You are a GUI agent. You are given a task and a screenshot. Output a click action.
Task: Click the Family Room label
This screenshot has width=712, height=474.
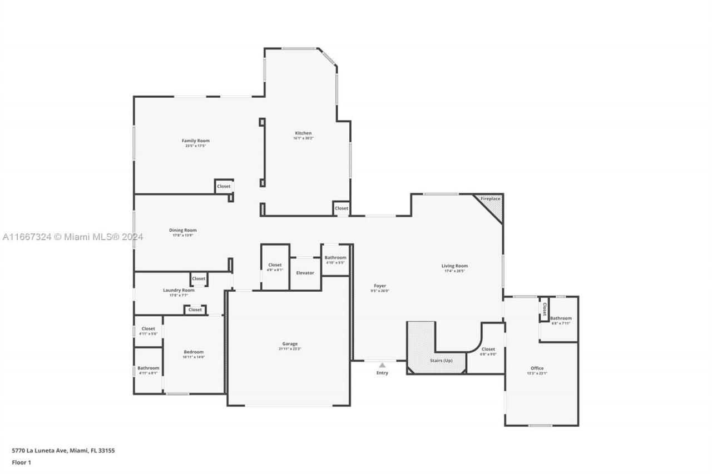point(195,141)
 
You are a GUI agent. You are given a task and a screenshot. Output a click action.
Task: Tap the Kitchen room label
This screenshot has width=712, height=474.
point(303,133)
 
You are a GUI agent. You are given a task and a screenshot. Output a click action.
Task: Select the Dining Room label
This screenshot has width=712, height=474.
point(182,230)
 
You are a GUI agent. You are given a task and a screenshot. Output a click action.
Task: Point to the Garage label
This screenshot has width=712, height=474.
point(289,344)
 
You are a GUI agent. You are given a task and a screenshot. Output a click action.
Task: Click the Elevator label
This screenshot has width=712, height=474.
point(305,273)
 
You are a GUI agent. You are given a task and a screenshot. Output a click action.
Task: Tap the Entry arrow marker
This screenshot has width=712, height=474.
point(382,365)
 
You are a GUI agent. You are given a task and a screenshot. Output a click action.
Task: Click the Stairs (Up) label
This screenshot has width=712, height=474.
point(441,361)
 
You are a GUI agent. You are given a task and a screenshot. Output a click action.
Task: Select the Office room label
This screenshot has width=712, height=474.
point(537,368)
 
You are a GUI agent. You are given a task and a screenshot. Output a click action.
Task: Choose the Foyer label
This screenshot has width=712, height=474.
point(380,286)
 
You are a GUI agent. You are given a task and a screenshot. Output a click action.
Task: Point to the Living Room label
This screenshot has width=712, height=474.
point(454,266)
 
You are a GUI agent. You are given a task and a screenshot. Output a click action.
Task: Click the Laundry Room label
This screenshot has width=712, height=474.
point(179,290)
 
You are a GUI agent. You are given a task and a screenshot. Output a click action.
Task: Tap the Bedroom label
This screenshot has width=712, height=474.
point(194,352)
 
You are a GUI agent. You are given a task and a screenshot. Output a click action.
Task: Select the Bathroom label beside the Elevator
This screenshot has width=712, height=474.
point(335,257)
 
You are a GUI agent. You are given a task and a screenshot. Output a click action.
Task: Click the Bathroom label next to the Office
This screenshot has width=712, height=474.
point(561,318)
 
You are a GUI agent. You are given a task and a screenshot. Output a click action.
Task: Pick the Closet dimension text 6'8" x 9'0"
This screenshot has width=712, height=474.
point(488,354)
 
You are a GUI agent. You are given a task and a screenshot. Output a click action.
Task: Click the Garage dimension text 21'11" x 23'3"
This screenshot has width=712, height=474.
point(289,349)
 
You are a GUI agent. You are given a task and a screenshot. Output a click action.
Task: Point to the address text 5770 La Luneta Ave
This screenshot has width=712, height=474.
point(63,451)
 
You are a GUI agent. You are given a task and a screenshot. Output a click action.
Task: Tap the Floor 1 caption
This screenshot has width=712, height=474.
point(22,462)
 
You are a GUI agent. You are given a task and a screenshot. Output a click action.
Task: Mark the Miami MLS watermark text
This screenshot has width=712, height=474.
point(72,237)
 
